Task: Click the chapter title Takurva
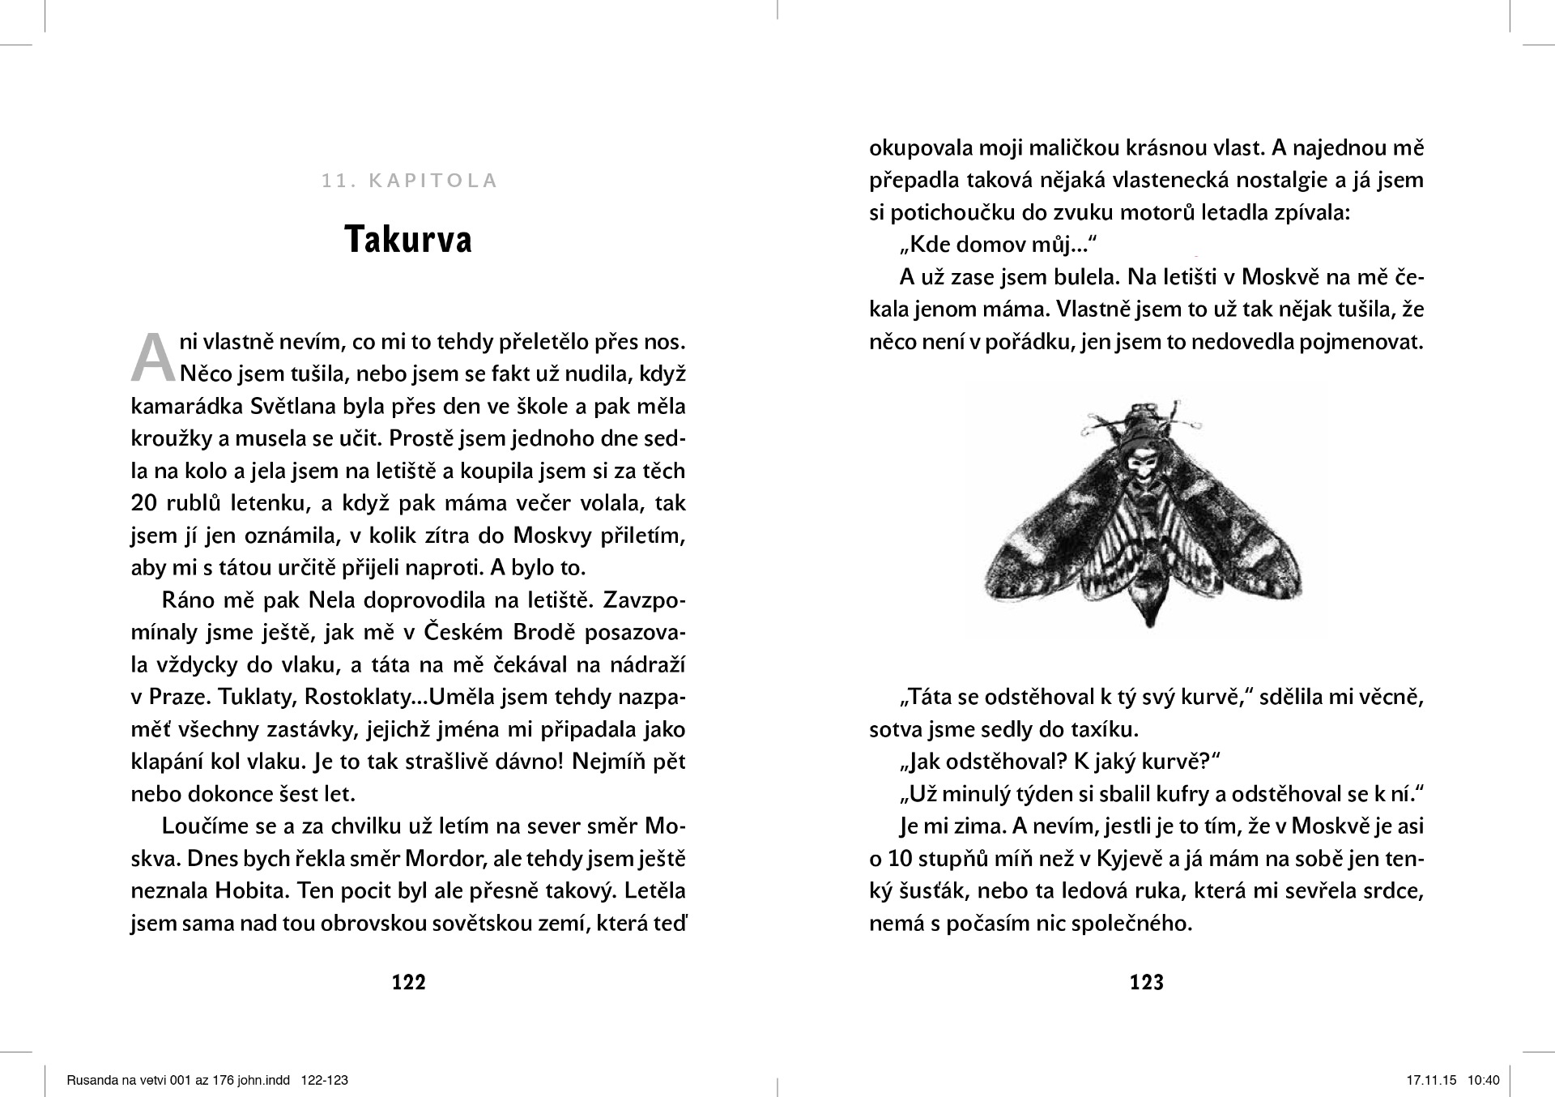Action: pyautogui.click(x=408, y=240)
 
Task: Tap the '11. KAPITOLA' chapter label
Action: pyautogui.click(x=409, y=181)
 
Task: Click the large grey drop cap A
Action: pyautogui.click(x=153, y=357)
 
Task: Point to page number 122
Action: pyautogui.click(x=409, y=982)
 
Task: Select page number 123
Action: pyautogui.click(x=1146, y=982)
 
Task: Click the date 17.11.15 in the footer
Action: pyautogui.click(x=1431, y=1080)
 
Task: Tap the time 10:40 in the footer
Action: pyautogui.click(x=1484, y=1080)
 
